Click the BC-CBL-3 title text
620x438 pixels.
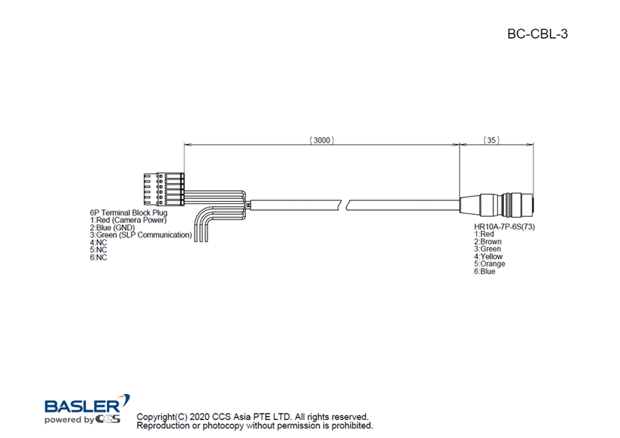pyautogui.click(x=537, y=34)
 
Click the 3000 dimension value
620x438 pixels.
pyautogui.click(x=321, y=140)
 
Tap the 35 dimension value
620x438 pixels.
pyautogui.click(x=492, y=140)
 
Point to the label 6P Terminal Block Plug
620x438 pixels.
pyautogui.click(x=129, y=213)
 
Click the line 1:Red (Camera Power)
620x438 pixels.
pyautogui.click(x=128, y=220)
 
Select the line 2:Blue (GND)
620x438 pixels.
pyautogui.click(x=112, y=228)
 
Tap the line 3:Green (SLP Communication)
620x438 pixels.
pyautogui.click(x=141, y=236)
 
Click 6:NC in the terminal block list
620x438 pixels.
pyautogui.click(x=99, y=258)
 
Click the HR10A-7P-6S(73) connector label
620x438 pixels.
pyautogui.click(x=505, y=227)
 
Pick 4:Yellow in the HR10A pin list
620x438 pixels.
pyautogui.click(x=488, y=257)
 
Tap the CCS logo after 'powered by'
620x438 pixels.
pyautogui.click(x=109, y=419)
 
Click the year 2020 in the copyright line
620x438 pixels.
pyautogui.click(x=200, y=417)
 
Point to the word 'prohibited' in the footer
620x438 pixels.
pyautogui.click(x=351, y=426)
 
